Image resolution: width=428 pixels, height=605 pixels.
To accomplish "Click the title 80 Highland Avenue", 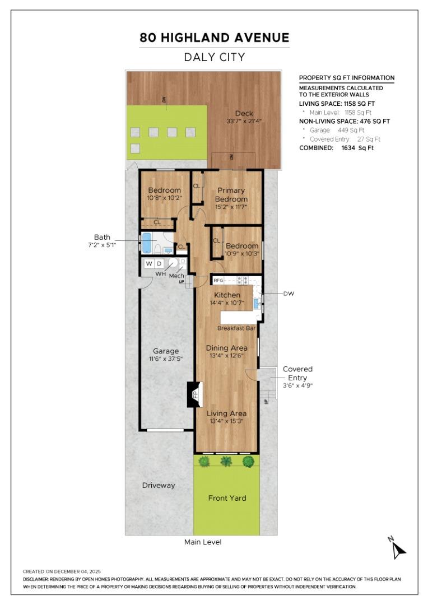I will (214, 38).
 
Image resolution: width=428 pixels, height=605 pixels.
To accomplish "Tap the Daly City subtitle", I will (214, 57).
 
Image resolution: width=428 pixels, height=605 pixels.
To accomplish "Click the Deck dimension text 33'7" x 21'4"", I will (244, 121).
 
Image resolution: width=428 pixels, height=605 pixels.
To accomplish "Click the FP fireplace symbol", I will (196, 394).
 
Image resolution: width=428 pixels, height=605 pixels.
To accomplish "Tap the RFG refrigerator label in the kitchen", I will (218, 280).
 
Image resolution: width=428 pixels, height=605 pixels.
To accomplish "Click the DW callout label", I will (289, 293).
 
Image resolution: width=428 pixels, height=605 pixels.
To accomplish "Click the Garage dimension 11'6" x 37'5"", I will (166, 359).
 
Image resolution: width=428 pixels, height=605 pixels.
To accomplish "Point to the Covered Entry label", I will (297, 373).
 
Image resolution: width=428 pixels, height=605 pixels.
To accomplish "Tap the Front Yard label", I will (227, 497).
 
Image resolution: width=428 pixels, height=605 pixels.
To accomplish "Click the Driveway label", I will (159, 485).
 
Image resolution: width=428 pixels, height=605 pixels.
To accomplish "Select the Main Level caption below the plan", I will (203, 542).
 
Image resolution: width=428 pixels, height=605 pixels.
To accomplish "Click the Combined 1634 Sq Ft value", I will (357, 148).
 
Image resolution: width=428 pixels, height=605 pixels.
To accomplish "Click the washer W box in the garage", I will (149, 263).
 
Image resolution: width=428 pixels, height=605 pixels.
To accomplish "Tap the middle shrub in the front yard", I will (226, 461).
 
